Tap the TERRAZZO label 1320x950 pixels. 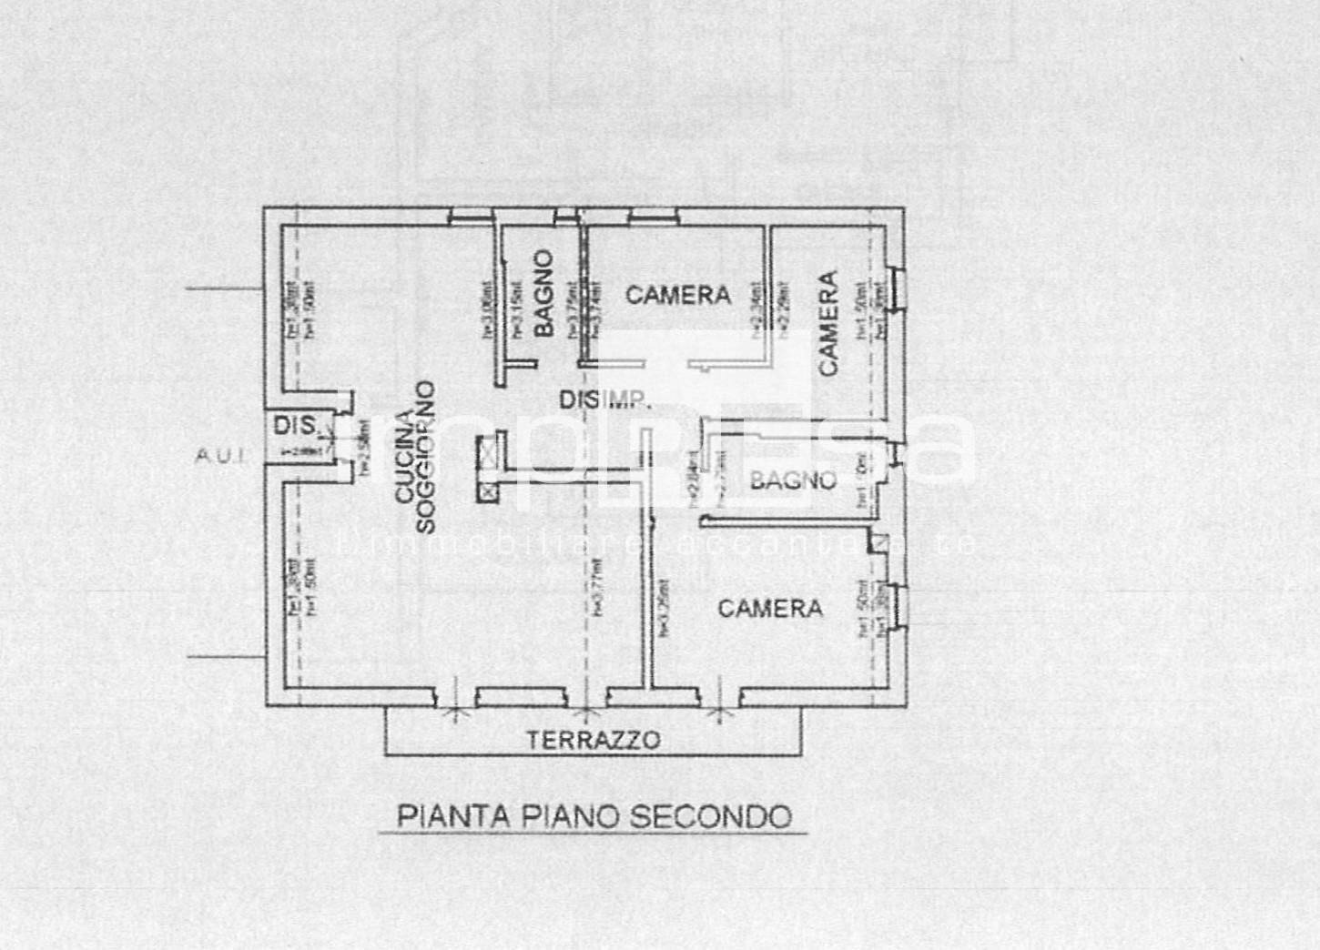click(x=593, y=740)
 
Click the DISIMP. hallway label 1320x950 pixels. click(x=604, y=399)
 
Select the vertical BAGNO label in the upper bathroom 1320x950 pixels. click(x=543, y=294)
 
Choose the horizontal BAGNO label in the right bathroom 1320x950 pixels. click(x=793, y=480)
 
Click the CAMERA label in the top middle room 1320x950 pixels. click(x=678, y=295)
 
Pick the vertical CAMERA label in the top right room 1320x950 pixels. click(x=828, y=323)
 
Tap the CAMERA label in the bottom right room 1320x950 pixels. click(x=770, y=608)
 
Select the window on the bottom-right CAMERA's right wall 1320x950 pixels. click(x=897, y=606)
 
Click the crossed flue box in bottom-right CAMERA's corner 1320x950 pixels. click(x=878, y=543)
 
